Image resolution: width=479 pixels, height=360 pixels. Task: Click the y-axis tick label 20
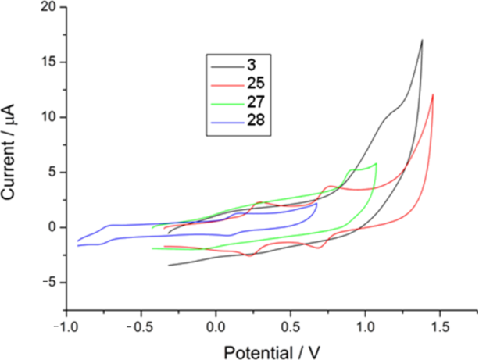(48, 8)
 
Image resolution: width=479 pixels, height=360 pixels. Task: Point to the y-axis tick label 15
(48, 62)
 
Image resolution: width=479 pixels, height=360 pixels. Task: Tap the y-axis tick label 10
(48, 118)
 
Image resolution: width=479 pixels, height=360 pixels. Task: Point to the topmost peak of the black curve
(422, 40)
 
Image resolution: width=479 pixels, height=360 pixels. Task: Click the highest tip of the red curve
(432, 94)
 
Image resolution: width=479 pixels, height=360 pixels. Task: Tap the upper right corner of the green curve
(376, 163)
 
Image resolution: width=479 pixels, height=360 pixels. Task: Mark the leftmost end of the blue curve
(77, 241)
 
